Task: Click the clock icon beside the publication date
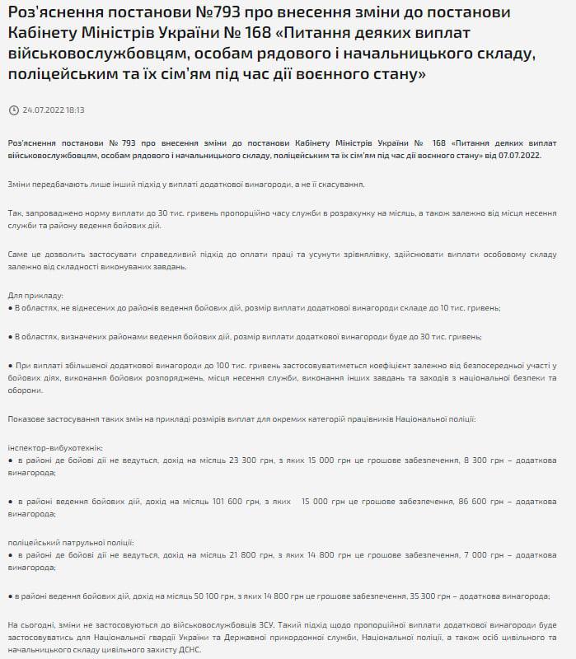pyautogui.click(x=12, y=110)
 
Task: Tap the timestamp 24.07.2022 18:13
pyautogui.click(x=54, y=110)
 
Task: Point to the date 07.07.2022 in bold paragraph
pyautogui.click(x=515, y=154)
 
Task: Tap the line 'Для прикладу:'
pyautogui.click(x=35, y=295)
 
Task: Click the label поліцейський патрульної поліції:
pyautogui.click(x=70, y=542)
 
